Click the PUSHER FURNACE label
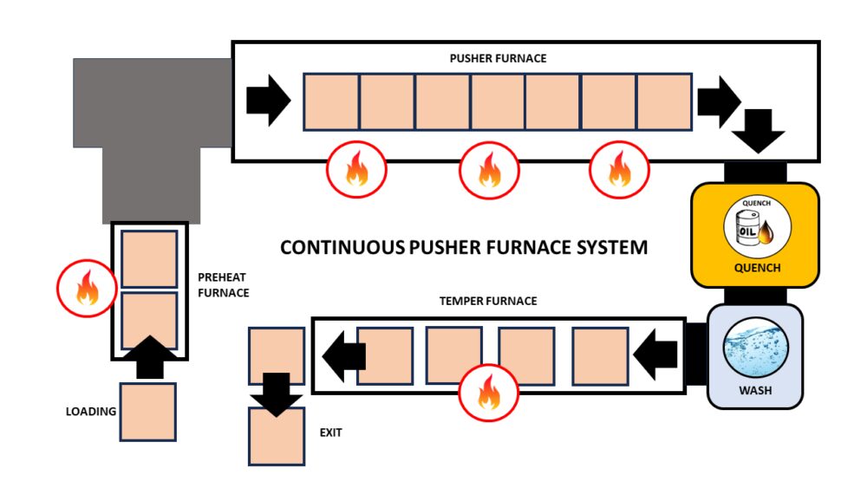[498, 58]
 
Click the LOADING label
[91, 412]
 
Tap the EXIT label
[330, 432]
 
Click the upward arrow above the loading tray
[149, 356]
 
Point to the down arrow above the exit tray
[277, 395]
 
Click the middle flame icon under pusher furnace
[487, 170]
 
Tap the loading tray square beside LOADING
[147, 412]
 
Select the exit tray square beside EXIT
[277, 436]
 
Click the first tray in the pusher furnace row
[330, 102]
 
